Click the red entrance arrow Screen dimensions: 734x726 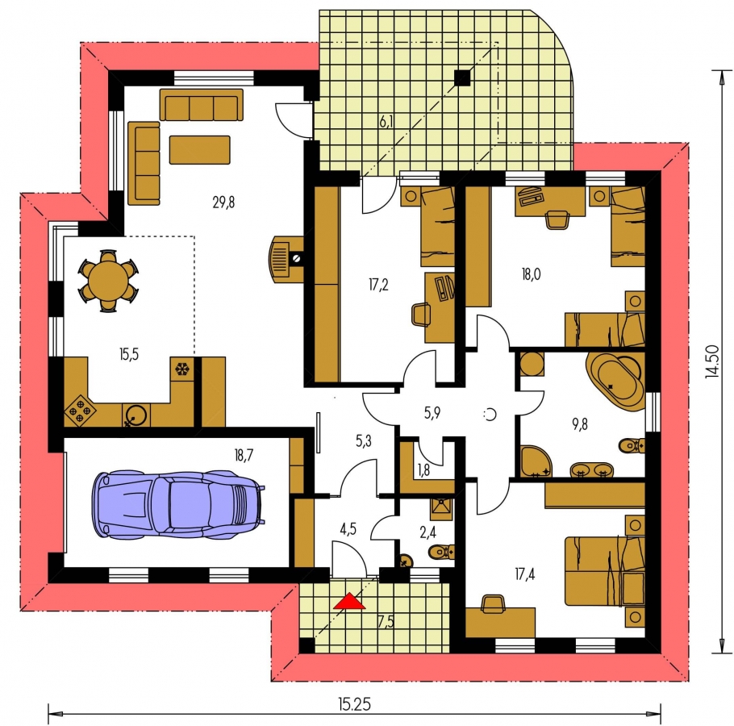tap(348, 601)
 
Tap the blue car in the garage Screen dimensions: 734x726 tap(178, 504)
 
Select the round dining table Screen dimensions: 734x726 tap(108, 281)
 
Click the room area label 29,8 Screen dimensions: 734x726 tap(223, 202)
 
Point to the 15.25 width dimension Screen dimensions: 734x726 tap(354, 703)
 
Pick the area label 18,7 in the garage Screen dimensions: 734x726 tap(244, 454)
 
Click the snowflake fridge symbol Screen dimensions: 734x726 tap(181, 369)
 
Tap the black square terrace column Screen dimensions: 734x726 tap(462, 77)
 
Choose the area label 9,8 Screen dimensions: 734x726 tap(579, 424)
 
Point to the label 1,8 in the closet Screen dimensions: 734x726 tap(423, 470)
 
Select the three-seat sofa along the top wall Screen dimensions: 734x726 tap(202, 106)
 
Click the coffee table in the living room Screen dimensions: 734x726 tap(199, 150)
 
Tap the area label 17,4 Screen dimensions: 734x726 tap(525, 574)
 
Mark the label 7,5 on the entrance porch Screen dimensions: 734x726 tap(386, 621)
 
